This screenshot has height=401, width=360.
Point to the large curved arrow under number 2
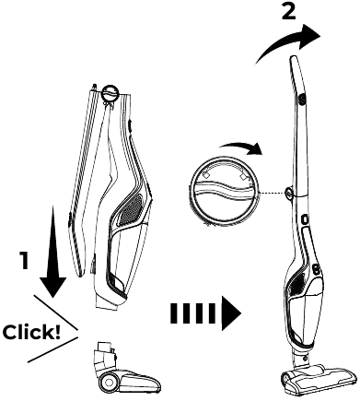pos(288,43)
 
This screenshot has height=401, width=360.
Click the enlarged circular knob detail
pos(224,189)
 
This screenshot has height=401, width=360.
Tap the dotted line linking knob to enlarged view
pos(270,192)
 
